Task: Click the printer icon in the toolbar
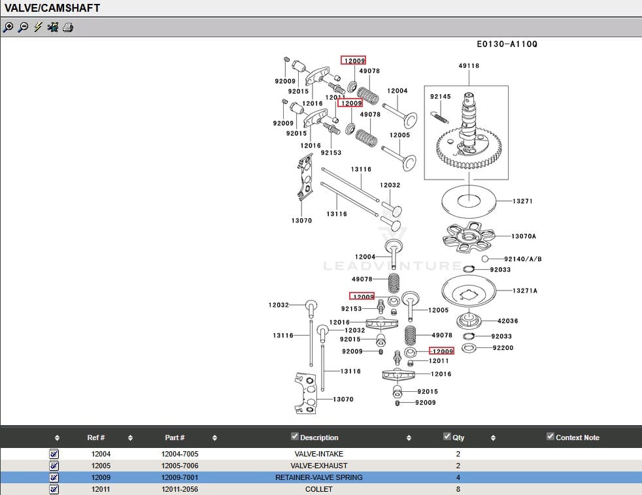click(x=68, y=27)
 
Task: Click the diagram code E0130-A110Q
click(x=507, y=44)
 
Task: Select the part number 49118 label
click(x=469, y=66)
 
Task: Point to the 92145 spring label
click(x=440, y=97)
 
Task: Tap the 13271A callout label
click(x=524, y=291)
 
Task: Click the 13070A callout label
click(x=523, y=236)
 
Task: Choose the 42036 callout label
click(x=507, y=321)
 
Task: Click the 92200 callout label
click(x=503, y=348)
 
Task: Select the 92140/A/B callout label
click(x=522, y=259)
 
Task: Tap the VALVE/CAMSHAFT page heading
click(x=53, y=8)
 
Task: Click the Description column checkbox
click(x=295, y=436)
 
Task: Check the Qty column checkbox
click(x=447, y=436)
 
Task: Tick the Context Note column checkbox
click(x=550, y=436)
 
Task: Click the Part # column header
click(x=175, y=438)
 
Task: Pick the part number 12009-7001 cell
click(x=180, y=477)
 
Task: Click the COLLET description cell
click(x=318, y=489)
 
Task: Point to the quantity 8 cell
click(x=458, y=489)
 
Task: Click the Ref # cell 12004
click(x=101, y=454)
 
